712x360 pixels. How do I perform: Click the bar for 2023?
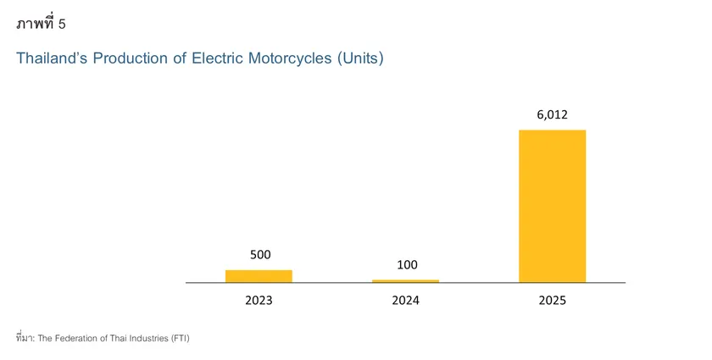point(259,276)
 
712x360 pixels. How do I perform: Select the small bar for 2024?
point(405,280)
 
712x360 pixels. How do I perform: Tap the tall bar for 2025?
point(552,206)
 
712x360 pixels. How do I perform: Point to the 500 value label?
point(260,254)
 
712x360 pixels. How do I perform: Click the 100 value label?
point(407,264)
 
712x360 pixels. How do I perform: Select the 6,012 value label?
point(553,114)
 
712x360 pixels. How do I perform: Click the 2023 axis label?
point(259,301)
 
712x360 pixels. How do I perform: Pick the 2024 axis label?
point(405,301)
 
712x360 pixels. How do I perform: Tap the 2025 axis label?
point(552,301)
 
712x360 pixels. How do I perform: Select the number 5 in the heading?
point(62,24)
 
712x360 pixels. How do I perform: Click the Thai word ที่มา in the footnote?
point(25,338)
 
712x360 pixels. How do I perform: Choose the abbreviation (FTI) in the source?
point(180,338)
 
